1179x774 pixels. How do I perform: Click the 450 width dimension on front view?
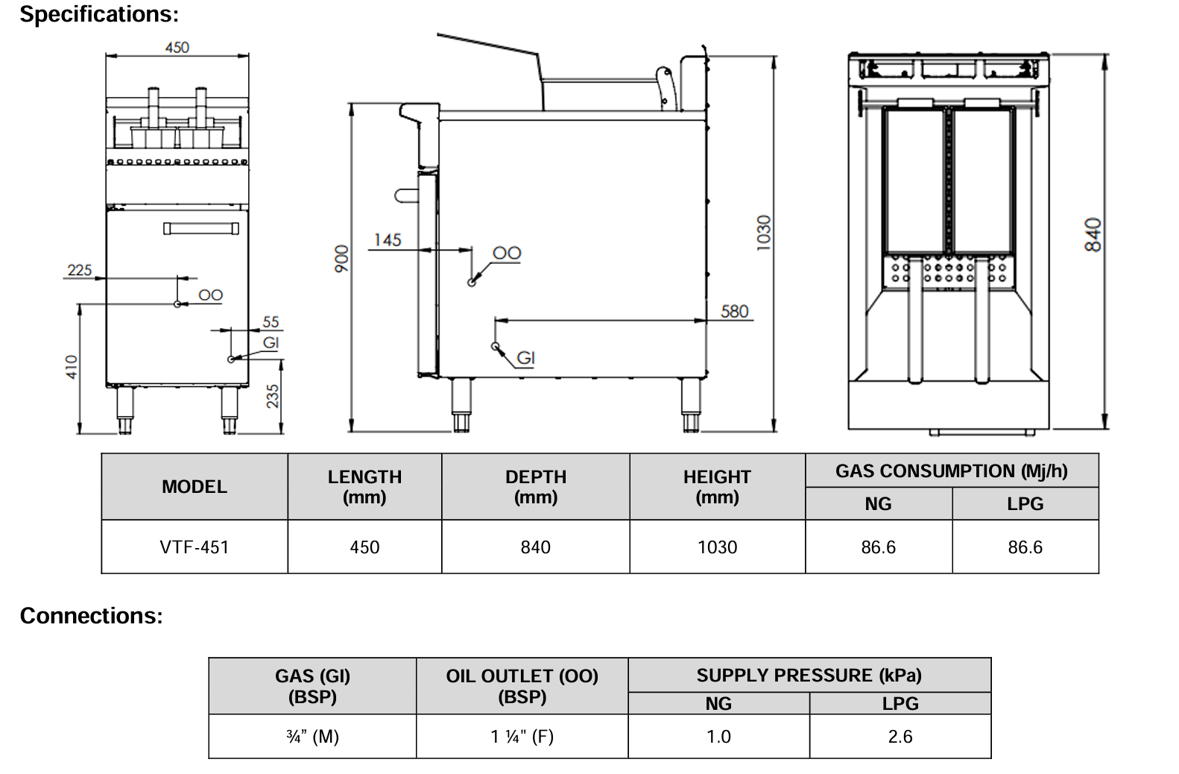tap(177, 47)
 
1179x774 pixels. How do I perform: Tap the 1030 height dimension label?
tap(764, 233)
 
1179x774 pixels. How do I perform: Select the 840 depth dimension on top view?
tap(1093, 235)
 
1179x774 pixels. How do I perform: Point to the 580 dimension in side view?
tap(734, 311)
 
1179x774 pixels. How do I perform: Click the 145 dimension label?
tap(387, 240)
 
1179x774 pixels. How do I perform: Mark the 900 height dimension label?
tap(341, 258)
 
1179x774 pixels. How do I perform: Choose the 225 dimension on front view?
tap(80, 270)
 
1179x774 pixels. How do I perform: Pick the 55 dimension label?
tap(271, 321)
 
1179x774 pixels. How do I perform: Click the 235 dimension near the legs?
tap(273, 396)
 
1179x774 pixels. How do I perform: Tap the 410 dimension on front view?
tap(72, 366)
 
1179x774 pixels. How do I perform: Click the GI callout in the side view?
tap(525, 358)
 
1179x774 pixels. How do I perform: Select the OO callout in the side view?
tap(507, 254)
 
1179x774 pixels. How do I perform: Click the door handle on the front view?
tap(201, 228)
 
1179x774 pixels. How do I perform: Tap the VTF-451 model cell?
tap(194, 547)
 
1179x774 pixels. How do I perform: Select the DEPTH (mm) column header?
tap(535, 486)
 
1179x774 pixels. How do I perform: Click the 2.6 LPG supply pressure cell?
tap(900, 737)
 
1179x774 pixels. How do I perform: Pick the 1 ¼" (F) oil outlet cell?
tap(522, 737)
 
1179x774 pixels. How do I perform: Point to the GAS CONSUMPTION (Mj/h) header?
tap(951, 471)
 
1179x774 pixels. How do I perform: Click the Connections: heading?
tap(91, 616)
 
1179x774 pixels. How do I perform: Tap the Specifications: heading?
tap(99, 14)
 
